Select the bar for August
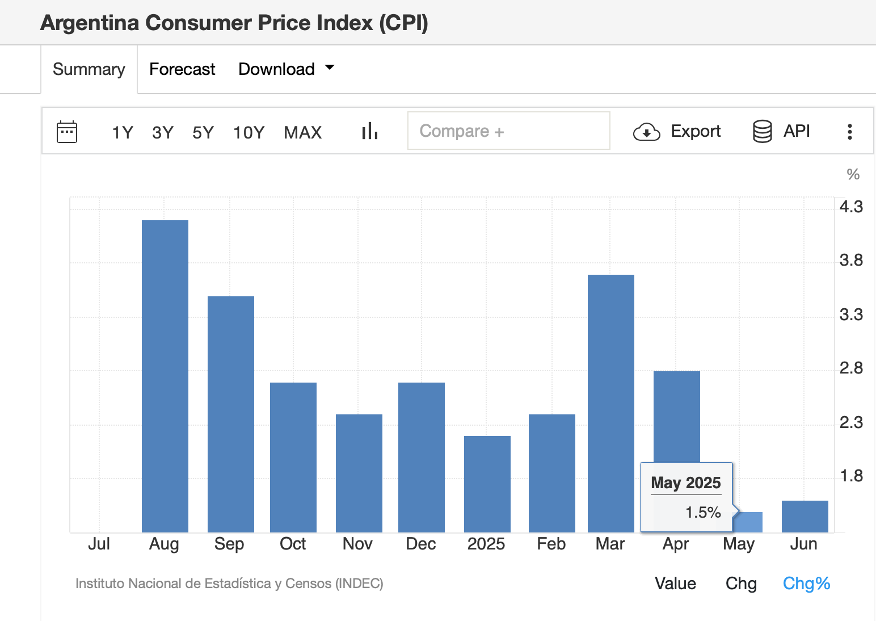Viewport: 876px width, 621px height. pos(165,376)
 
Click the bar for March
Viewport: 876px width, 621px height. pos(610,403)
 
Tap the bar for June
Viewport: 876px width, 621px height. pos(805,516)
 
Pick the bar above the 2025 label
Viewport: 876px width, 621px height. pos(487,484)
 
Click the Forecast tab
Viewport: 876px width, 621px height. pos(182,69)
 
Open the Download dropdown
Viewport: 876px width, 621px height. pos(286,69)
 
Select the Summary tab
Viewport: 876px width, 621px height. pos(89,69)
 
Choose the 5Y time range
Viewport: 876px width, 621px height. pos(203,132)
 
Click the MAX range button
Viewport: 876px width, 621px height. pos(302,132)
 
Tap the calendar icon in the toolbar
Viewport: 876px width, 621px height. pos(67,132)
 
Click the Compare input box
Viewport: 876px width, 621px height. pos(508,131)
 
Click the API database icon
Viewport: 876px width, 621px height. pos(762,131)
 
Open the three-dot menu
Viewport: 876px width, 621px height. pos(849,132)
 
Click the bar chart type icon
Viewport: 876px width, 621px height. pos(370,131)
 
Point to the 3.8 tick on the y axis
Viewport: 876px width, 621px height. pos(850,260)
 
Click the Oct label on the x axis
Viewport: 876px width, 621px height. pos(293,544)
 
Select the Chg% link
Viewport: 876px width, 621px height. pos(806,583)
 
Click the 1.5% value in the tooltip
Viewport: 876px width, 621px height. pos(702,512)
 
